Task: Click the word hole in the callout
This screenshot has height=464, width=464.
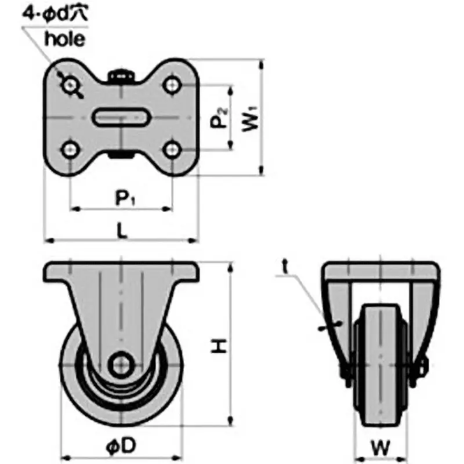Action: tap(65, 39)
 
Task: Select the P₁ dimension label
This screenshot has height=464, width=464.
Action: tap(124, 198)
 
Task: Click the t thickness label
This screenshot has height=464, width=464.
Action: tap(286, 266)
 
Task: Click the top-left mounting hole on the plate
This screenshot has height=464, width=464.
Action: tap(71, 86)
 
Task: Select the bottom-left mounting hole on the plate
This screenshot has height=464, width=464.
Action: tap(71, 150)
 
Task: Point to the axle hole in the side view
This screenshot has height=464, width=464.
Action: tap(122, 364)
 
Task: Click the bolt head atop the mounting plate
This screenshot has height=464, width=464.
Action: tap(122, 75)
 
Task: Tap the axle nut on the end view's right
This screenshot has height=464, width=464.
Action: tap(422, 366)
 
